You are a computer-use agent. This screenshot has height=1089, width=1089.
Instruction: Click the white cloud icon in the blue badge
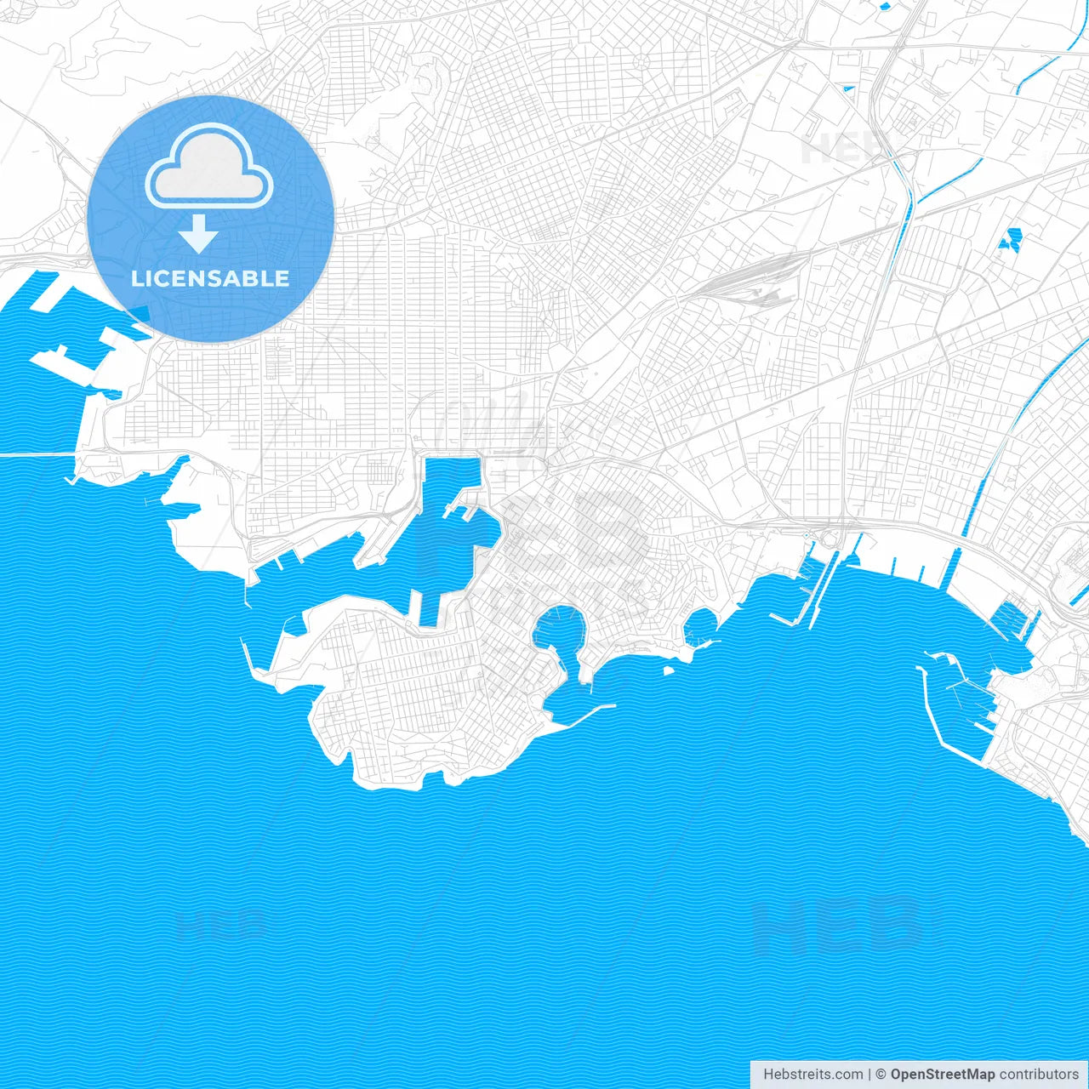click(x=209, y=168)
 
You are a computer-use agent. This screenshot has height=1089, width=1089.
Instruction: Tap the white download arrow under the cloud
click(x=199, y=234)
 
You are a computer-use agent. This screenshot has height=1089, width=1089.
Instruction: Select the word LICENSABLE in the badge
click(x=210, y=278)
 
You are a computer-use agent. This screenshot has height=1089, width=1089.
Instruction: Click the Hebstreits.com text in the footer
click(x=812, y=1075)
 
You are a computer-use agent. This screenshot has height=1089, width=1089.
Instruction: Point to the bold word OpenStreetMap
click(x=942, y=1075)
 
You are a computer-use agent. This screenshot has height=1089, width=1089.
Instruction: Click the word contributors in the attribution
click(x=1039, y=1075)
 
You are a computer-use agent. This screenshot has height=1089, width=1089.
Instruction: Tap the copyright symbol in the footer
click(x=881, y=1075)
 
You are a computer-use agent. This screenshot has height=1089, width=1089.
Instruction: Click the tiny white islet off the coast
click(x=669, y=670)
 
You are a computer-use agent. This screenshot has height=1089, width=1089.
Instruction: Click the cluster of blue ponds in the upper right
click(x=1011, y=241)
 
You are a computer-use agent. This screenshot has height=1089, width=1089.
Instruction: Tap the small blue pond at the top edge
click(x=886, y=7)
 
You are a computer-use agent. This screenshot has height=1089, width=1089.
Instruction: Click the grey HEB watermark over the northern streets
click(x=842, y=149)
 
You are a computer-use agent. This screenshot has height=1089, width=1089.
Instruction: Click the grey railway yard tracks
click(x=749, y=285)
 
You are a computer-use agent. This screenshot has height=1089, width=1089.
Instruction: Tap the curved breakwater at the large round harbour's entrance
click(x=590, y=710)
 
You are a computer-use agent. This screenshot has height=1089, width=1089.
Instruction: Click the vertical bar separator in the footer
click(x=869, y=1075)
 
